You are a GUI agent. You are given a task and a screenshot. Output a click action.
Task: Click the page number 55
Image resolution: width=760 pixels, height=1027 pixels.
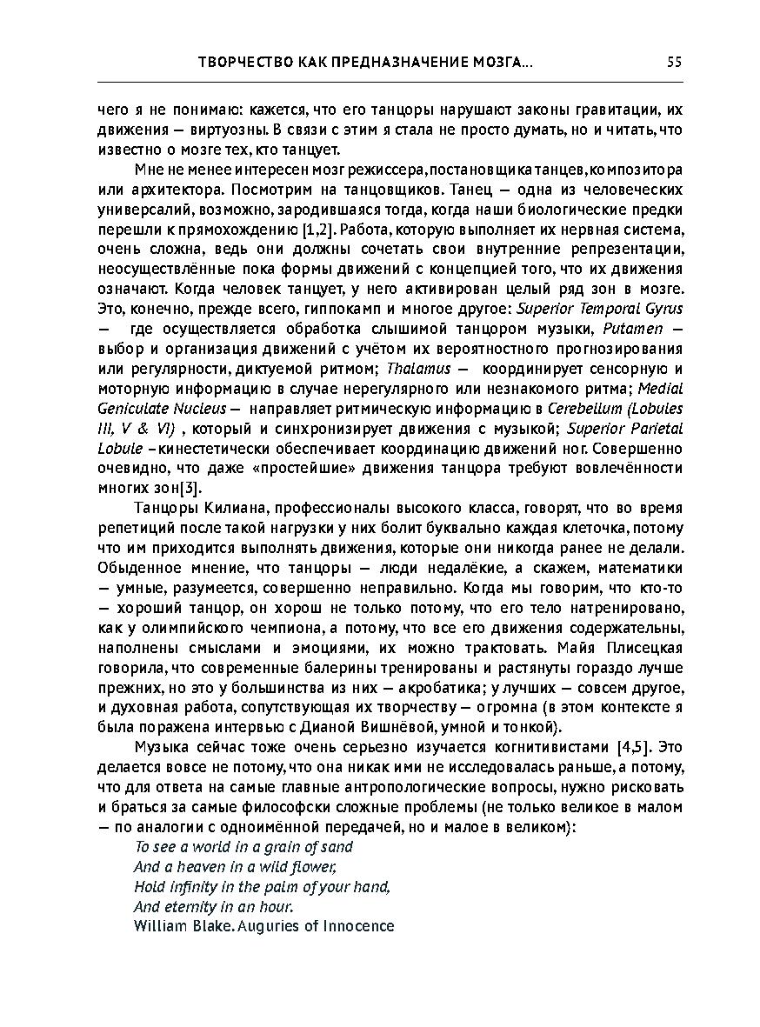click(674, 63)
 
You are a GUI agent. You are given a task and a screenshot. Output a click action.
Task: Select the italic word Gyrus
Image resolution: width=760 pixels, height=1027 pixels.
click(665, 308)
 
